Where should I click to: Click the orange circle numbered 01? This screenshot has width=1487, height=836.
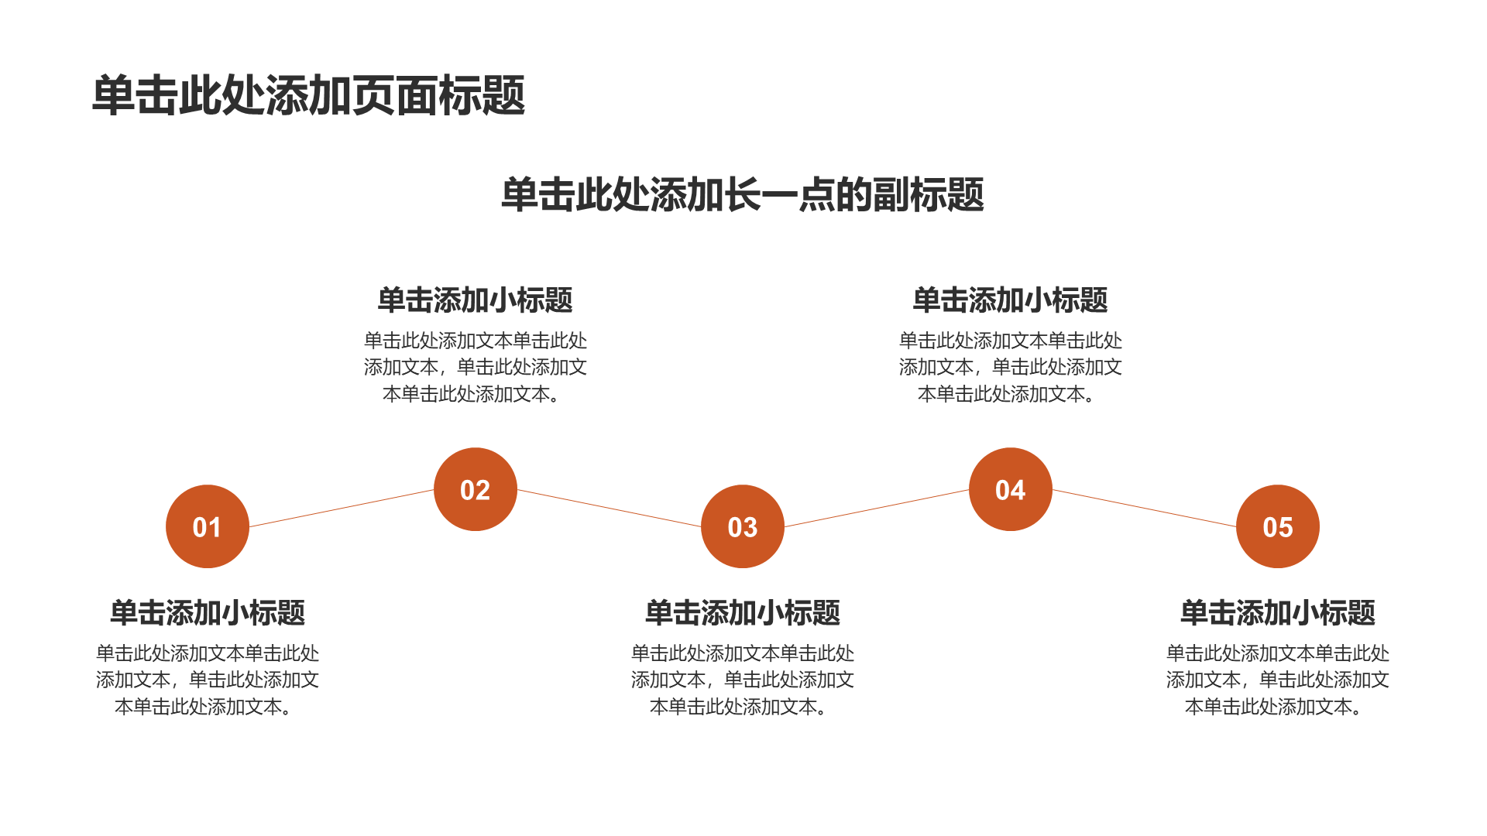click(208, 526)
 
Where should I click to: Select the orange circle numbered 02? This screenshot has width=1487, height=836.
click(476, 489)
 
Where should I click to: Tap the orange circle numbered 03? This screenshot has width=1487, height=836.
click(743, 526)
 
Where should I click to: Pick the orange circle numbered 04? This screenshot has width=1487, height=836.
click(1011, 489)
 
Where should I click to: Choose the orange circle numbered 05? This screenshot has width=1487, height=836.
click(1278, 526)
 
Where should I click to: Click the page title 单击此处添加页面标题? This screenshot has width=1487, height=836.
click(309, 96)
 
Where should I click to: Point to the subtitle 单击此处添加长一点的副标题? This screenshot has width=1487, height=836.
click(743, 194)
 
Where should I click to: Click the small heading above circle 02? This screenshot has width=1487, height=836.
click(476, 300)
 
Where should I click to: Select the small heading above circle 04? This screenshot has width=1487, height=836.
click(1011, 300)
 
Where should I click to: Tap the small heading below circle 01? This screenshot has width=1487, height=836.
click(208, 613)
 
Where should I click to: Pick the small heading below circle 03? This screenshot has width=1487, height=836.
click(743, 613)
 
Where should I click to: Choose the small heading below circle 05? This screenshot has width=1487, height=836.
click(1278, 613)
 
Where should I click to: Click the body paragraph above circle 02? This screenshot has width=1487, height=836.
click(476, 367)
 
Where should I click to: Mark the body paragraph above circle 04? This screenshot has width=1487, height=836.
click(1011, 367)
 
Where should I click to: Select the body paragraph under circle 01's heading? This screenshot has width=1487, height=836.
click(208, 680)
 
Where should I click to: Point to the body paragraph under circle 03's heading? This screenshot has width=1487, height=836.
click(743, 680)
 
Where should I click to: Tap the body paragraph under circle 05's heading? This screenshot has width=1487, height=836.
click(1278, 680)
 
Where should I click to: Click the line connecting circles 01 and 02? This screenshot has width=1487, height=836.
click(342, 508)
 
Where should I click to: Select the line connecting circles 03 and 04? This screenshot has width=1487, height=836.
click(877, 508)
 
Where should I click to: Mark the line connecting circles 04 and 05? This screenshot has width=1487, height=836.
click(1144, 508)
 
